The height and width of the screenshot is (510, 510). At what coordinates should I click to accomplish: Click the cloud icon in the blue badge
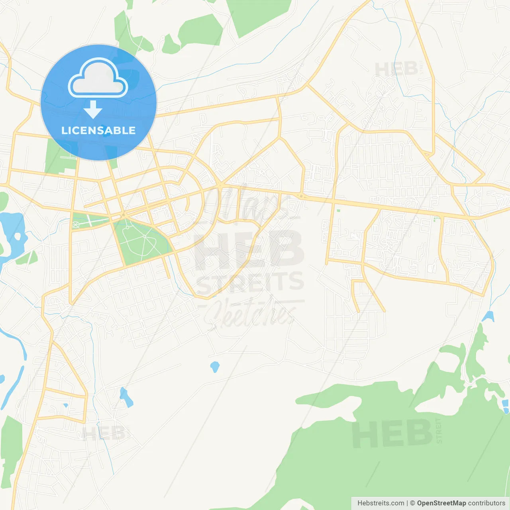click(x=98, y=78)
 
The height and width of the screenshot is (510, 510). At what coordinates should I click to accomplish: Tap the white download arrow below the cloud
click(x=93, y=110)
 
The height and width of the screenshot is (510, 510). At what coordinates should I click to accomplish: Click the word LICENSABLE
click(x=98, y=130)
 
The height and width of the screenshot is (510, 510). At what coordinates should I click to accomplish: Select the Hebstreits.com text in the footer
click(x=381, y=503)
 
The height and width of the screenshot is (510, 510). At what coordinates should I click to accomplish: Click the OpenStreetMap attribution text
click(x=441, y=503)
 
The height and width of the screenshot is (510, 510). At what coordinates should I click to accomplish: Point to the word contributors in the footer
click(x=486, y=503)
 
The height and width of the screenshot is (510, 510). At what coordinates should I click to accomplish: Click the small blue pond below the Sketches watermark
click(x=215, y=367)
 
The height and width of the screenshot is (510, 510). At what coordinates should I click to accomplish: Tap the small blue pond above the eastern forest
click(x=488, y=316)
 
